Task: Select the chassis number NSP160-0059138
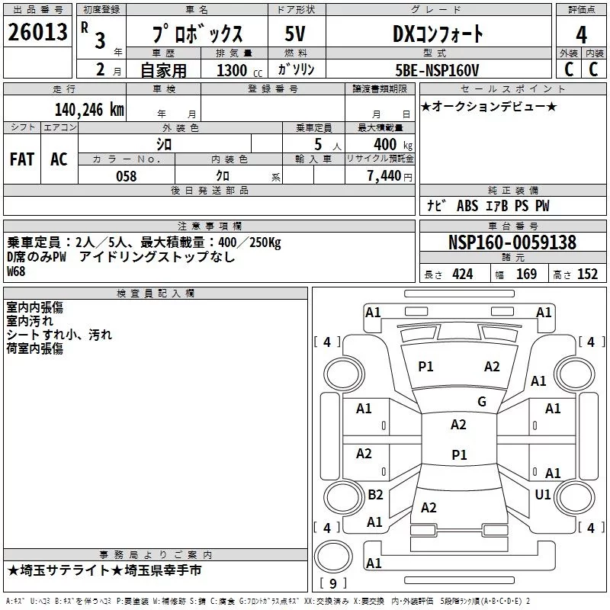click(512, 242)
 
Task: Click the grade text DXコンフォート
click(438, 34)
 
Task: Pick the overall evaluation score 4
click(582, 34)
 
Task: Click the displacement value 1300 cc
click(232, 71)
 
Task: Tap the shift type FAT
click(21, 159)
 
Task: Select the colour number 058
click(126, 176)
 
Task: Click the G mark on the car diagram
click(481, 402)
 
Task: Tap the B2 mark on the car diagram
click(375, 495)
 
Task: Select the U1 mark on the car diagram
click(542, 495)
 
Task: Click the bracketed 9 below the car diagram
click(332, 583)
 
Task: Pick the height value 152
click(587, 274)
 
